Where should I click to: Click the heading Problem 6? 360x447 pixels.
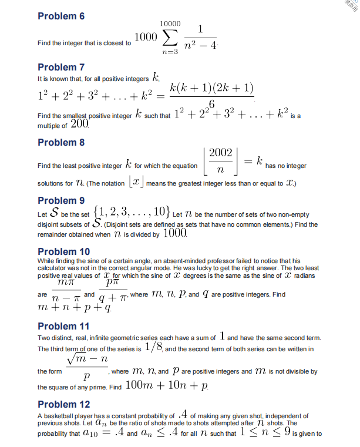point(61,16)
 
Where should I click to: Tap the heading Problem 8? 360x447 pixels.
point(61,143)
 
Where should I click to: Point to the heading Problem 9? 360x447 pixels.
point(61,200)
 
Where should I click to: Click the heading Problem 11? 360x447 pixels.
point(63,326)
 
